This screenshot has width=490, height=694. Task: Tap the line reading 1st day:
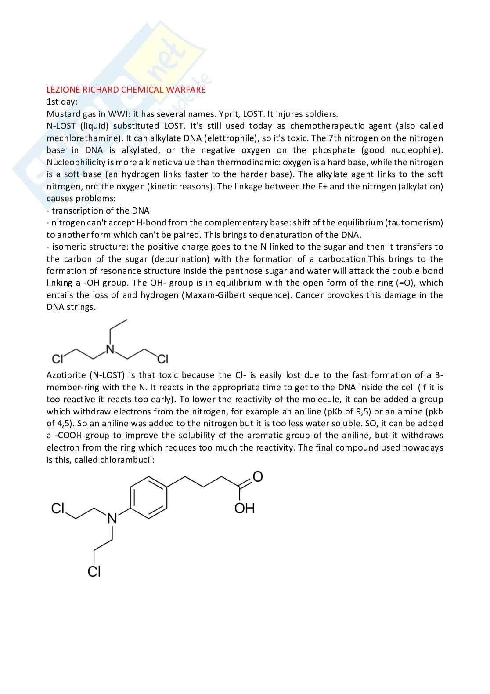tap(62, 102)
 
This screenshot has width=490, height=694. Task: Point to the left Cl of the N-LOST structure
tap(58, 359)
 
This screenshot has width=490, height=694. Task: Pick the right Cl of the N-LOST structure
tap(162, 359)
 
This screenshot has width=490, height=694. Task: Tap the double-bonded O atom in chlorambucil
tap(258, 476)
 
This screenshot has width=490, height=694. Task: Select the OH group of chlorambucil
tap(245, 508)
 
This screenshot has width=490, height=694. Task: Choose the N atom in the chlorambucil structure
tap(112, 519)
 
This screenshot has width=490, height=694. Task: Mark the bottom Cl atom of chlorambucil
tap(94, 571)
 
